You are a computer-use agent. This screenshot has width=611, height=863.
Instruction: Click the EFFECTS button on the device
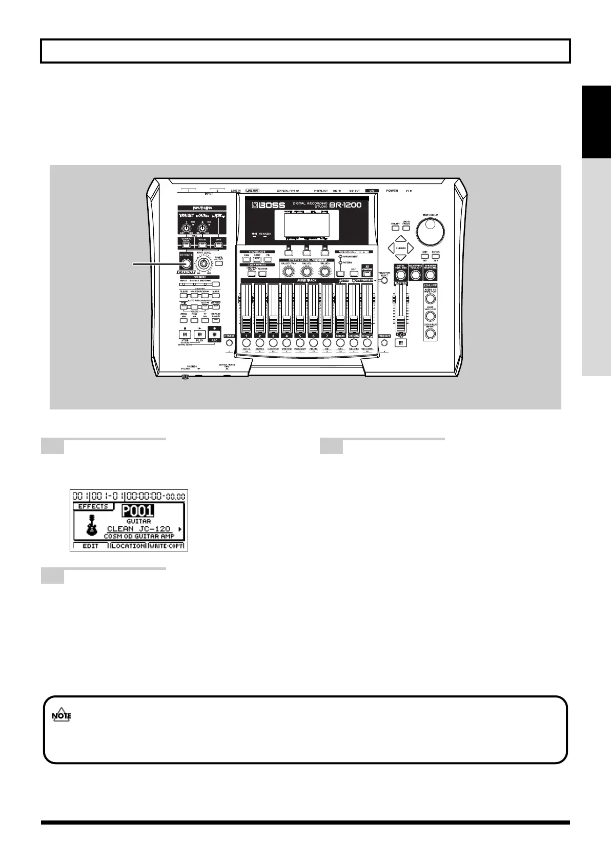186,263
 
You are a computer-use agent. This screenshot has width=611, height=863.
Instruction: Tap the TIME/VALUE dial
430,233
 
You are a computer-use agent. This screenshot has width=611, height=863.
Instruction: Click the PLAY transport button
200,334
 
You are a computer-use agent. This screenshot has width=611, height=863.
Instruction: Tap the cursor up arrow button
401,239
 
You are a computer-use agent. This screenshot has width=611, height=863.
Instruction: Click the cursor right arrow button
411,248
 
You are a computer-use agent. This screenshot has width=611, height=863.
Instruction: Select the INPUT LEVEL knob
204,264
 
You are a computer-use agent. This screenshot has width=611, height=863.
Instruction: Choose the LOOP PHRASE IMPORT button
430,333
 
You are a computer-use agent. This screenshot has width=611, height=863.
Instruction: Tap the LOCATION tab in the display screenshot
129,546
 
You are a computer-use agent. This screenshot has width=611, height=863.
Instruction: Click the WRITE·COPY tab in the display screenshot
166,546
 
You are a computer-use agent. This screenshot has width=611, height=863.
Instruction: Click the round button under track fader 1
247,342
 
